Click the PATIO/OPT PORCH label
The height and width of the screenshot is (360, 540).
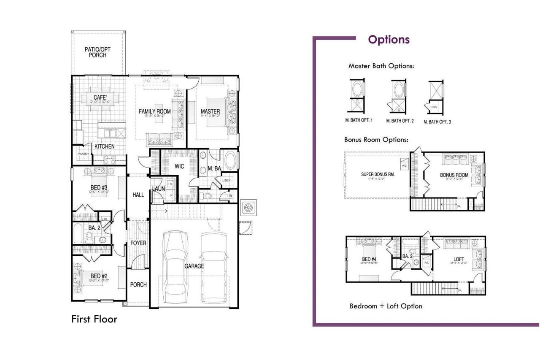[97, 52]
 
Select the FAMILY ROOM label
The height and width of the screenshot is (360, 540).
[155, 111]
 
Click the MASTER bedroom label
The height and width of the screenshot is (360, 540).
[210, 111]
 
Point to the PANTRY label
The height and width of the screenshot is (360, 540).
[83, 154]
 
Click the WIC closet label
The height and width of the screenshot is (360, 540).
[179, 166]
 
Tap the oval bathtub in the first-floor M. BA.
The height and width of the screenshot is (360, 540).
[230, 161]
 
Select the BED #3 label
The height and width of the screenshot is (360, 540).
[99, 187]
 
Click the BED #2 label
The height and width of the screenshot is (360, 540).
[99, 276]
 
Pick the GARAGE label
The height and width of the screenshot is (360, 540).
[194, 266]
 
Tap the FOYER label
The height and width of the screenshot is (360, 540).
[138, 243]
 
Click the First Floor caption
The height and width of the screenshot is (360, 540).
[94, 319]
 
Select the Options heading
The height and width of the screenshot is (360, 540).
[389, 40]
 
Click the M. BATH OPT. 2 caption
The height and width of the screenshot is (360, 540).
[400, 121]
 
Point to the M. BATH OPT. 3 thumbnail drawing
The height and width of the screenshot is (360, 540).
[436, 96]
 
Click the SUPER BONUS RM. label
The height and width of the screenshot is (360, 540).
[378, 174]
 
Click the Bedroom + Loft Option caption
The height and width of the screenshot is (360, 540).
[386, 306]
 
